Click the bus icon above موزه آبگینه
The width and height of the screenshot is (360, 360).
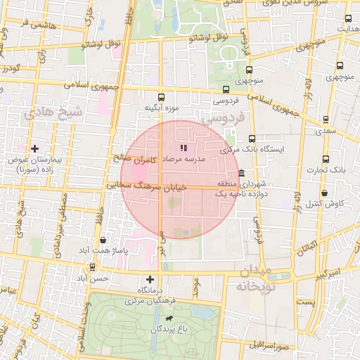[161, 97]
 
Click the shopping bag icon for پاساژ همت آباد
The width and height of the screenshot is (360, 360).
[103, 240]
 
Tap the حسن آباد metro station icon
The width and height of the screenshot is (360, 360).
[93, 267]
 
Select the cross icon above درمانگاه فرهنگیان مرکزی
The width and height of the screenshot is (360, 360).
[149, 279]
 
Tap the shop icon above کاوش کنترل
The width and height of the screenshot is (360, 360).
[324, 193]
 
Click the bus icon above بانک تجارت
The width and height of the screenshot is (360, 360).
[325, 160]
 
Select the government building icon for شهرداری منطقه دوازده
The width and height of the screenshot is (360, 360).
[241, 173]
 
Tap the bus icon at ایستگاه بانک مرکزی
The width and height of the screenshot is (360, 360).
[252, 139]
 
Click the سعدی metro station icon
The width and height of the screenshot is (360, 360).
[325, 120]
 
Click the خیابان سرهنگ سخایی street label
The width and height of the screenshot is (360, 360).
[146, 186]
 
